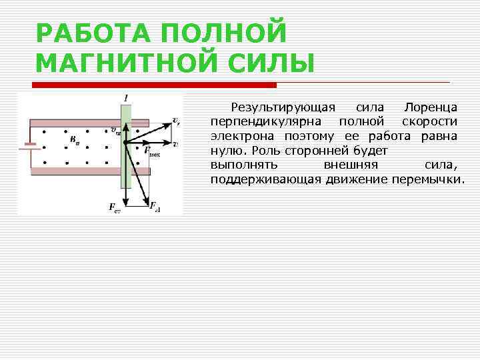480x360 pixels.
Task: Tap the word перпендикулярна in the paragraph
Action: pos(266,121)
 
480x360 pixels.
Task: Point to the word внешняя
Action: pos(351,165)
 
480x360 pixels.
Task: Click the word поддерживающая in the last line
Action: pos(266,180)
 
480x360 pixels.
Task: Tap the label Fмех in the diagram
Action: pos(153,152)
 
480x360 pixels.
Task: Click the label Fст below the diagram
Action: pos(114,207)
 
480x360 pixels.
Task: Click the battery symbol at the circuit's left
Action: pos(27,146)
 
